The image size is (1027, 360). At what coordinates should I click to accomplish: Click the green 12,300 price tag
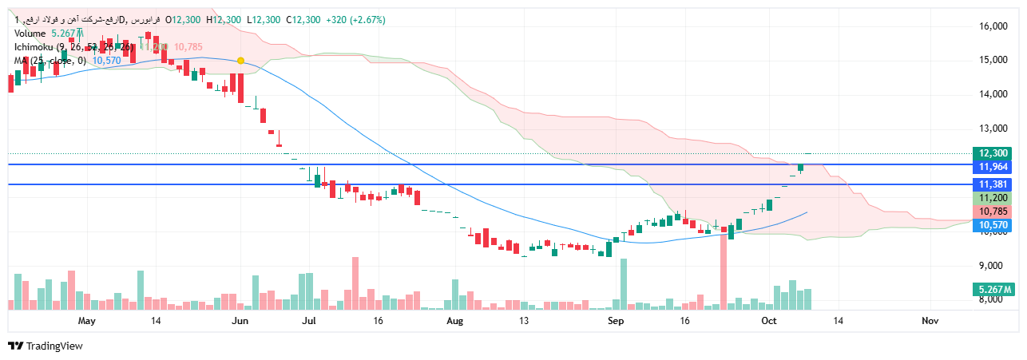993,153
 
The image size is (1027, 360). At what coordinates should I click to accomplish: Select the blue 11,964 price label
993,166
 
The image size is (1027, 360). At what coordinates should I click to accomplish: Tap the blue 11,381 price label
993,184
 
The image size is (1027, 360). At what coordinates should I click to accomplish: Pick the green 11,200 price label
993,198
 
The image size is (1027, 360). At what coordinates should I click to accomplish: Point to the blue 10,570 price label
993,226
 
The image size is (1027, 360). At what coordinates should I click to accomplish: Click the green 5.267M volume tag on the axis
993,289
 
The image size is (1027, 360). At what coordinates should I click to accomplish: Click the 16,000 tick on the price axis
993,26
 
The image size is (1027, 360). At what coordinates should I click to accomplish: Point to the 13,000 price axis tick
993,129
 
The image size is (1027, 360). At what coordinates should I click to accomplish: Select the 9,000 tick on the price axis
993,266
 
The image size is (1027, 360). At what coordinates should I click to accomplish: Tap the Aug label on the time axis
454,321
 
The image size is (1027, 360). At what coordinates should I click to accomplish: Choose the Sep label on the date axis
616,321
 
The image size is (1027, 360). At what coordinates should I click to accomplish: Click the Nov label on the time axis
930,321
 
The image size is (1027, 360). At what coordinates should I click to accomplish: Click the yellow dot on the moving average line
240,61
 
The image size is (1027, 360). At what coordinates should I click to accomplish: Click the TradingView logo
46,346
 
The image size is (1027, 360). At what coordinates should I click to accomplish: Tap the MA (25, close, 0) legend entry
50,61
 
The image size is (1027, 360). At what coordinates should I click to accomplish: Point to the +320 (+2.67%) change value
356,20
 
